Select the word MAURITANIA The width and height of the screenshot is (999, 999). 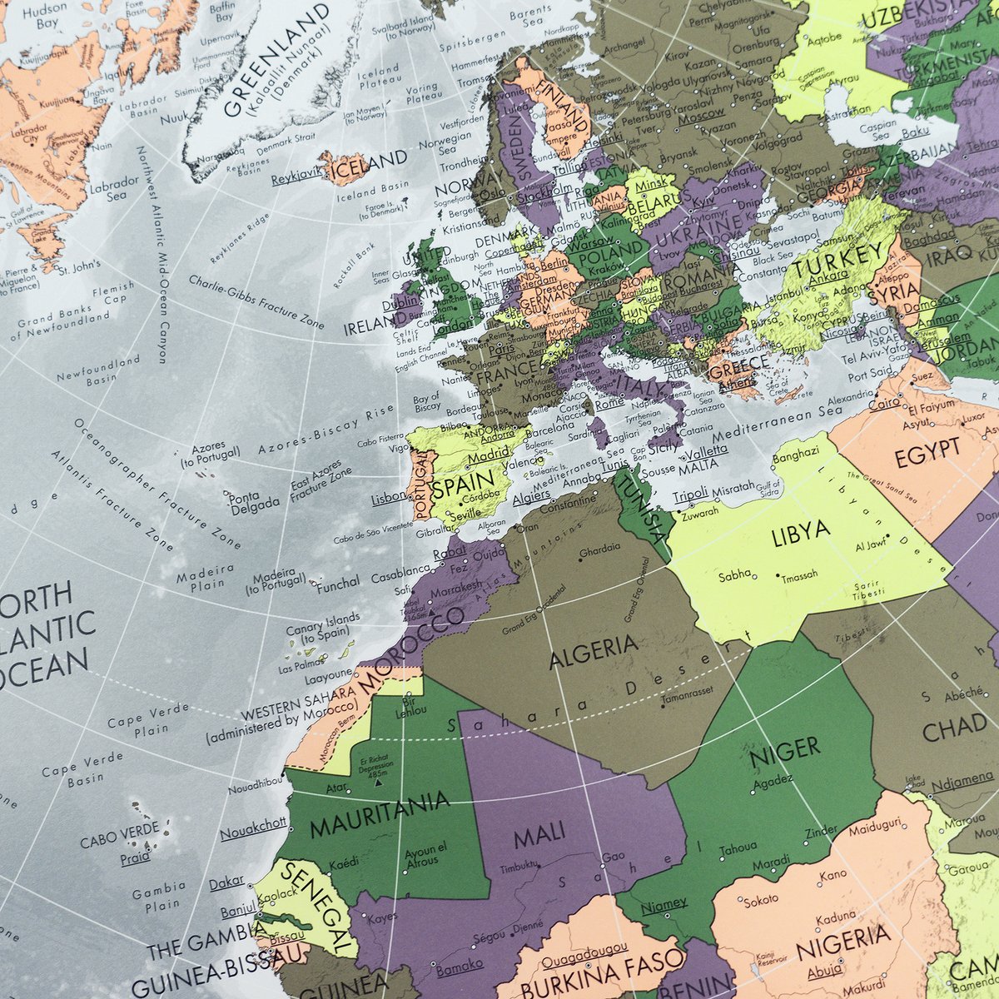pyautogui.click(x=380, y=815)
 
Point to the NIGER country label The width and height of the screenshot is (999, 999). pyautogui.click(x=783, y=751)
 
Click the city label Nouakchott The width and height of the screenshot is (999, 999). pyautogui.click(x=253, y=823)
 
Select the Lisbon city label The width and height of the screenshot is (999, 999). pyautogui.click(x=389, y=497)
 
